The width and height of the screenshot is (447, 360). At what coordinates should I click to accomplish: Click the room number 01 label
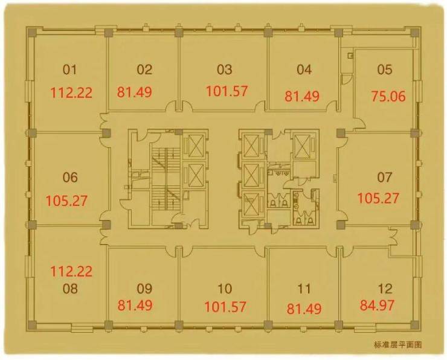pyautogui.click(x=70, y=69)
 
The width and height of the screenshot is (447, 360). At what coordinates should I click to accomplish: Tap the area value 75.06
pyautogui.click(x=388, y=96)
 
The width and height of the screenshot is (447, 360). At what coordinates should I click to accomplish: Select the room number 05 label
pyautogui.click(x=385, y=69)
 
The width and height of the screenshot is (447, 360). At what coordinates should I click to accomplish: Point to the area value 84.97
pyautogui.click(x=377, y=305)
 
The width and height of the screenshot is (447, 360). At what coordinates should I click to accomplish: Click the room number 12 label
pyautogui.click(x=385, y=289)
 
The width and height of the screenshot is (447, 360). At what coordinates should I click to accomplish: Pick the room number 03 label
pyautogui.click(x=224, y=69)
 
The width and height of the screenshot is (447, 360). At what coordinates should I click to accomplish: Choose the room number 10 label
pyautogui.click(x=225, y=289)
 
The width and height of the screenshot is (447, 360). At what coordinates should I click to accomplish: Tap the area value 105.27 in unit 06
pyautogui.click(x=66, y=201)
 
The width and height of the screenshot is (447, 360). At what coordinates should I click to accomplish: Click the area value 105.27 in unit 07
pyautogui.click(x=378, y=198)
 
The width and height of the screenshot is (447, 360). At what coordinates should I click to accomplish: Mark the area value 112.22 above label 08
pyautogui.click(x=71, y=271)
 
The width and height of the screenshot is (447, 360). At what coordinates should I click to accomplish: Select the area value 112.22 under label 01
pyautogui.click(x=71, y=93)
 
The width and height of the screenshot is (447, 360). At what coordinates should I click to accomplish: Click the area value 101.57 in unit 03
pyautogui.click(x=227, y=91)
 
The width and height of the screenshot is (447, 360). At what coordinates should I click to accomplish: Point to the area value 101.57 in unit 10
pyautogui.click(x=225, y=307)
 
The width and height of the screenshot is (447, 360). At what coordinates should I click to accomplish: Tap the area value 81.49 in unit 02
pyautogui.click(x=134, y=92)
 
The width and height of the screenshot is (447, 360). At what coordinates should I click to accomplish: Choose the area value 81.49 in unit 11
pyautogui.click(x=304, y=309)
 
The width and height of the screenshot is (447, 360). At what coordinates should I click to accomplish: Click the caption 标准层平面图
pyautogui.click(x=397, y=345)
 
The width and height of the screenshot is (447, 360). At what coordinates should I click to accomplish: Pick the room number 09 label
pyautogui.click(x=144, y=289)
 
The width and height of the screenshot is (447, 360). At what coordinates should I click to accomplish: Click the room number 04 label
pyautogui.click(x=304, y=69)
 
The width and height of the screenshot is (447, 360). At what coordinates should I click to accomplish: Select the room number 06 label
pyautogui.click(x=70, y=178)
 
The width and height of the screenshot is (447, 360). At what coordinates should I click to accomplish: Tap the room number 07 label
pyautogui.click(x=385, y=178)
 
